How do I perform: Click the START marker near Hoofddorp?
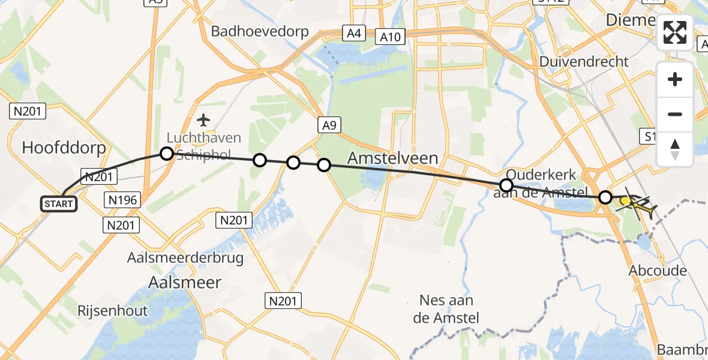coord(59,203)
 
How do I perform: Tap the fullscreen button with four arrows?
coord(675,32)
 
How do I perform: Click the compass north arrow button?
coord(675,149)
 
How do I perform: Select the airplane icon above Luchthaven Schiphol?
coord(204,120)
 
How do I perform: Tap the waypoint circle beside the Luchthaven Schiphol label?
coord(167,154)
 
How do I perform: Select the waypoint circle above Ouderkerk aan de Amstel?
coord(506,185)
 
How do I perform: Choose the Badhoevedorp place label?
coord(260,31)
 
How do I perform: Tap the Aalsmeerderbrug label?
coord(185,258)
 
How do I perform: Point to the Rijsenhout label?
coord(112,310)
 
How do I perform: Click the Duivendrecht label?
coord(584,61)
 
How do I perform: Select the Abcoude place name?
coord(658,271)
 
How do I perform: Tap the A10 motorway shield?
coord(390,37)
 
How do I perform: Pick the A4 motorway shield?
coord(352,33)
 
